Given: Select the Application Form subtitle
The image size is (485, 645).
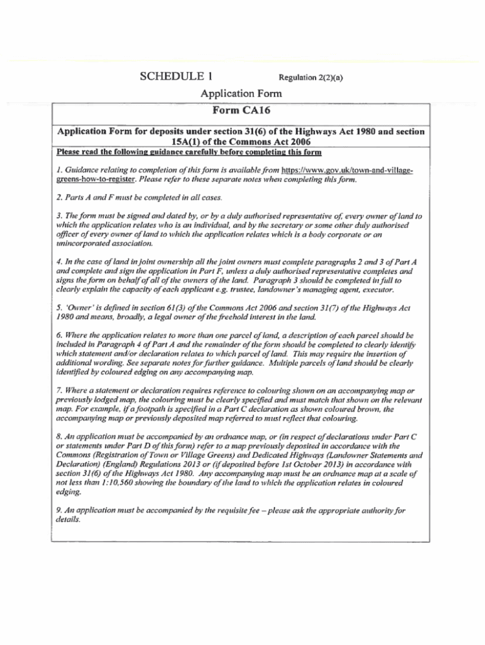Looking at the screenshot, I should click(x=241, y=94).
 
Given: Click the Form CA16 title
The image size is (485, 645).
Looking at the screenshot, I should click(x=241, y=111).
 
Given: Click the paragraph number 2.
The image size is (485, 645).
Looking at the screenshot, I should click(x=59, y=198).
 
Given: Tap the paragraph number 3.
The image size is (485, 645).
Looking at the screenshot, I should click(x=59, y=216).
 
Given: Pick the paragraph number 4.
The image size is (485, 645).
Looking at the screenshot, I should click(x=59, y=261).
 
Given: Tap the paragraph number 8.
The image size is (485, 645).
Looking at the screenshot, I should click(x=59, y=435).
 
